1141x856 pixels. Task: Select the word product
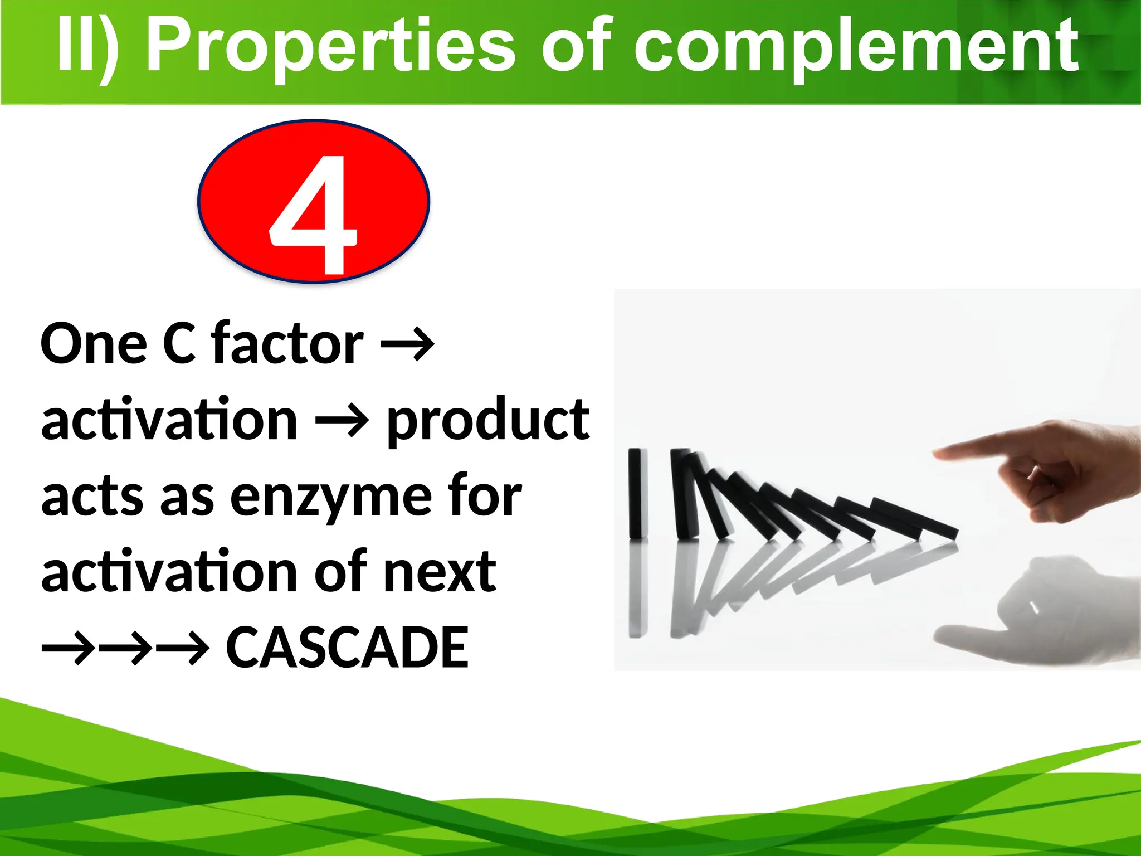coord(488,421)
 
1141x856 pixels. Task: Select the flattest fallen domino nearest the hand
coord(914,518)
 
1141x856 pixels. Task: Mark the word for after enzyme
coord(485,495)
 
